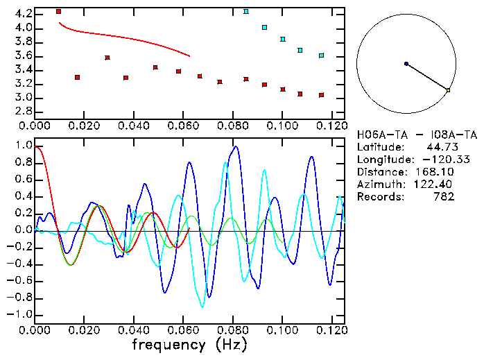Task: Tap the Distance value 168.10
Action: tap(437, 172)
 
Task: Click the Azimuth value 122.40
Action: tap(437, 185)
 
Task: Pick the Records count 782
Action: tap(442, 197)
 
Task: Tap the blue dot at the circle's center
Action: tap(406, 64)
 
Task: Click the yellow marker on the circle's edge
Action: tap(449, 90)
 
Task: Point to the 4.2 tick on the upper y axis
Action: tap(23, 14)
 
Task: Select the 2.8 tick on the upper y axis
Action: tap(23, 111)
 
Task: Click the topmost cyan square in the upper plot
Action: tap(246, 12)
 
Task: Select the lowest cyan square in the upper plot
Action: tap(322, 55)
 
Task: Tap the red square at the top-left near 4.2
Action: tap(59, 12)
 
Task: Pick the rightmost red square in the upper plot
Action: tap(322, 95)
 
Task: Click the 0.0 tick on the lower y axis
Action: tap(23, 230)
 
